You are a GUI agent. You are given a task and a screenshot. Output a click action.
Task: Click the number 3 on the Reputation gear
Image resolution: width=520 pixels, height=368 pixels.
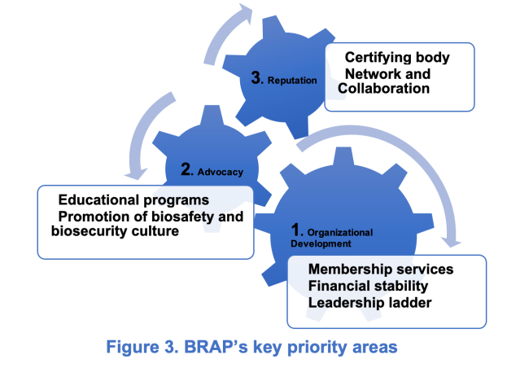(x=256, y=78)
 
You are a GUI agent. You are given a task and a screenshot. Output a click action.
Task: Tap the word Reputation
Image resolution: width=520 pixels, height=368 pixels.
(x=292, y=81)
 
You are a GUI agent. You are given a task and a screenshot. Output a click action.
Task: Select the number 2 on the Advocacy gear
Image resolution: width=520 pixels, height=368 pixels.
(x=186, y=169)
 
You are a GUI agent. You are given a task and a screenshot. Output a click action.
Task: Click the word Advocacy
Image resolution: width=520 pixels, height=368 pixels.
(x=221, y=173)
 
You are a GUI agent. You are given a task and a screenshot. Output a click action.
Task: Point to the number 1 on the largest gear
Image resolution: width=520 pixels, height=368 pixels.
(x=295, y=230)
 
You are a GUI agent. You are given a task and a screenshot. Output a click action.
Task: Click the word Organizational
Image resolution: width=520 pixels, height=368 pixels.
(x=340, y=233)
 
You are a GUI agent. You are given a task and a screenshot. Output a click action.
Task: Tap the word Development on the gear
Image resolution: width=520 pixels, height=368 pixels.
(x=321, y=244)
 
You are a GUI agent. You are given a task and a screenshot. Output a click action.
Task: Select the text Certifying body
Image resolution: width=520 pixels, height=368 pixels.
(x=397, y=58)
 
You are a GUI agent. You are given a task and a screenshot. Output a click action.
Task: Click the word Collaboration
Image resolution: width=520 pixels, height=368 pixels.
(x=383, y=89)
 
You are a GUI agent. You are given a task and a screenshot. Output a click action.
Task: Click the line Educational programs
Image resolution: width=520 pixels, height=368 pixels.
(x=133, y=200)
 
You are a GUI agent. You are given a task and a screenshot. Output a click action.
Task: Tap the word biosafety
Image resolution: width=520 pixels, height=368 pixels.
(x=182, y=217)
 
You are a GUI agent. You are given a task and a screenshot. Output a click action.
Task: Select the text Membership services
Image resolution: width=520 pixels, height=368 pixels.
(x=381, y=269)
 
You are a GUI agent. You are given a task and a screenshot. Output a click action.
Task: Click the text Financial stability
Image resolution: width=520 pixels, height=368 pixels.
(x=368, y=287)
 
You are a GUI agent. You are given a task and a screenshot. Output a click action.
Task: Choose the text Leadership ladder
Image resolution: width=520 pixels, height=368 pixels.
(x=369, y=303)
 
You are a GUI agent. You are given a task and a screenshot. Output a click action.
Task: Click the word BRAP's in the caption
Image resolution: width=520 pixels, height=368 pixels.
(x=216, y=347)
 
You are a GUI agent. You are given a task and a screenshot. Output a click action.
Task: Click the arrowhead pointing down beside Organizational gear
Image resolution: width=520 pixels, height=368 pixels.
(x=451, y=242)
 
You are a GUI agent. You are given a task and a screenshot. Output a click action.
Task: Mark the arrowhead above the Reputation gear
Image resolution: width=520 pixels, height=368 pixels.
(x=246, y=13)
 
